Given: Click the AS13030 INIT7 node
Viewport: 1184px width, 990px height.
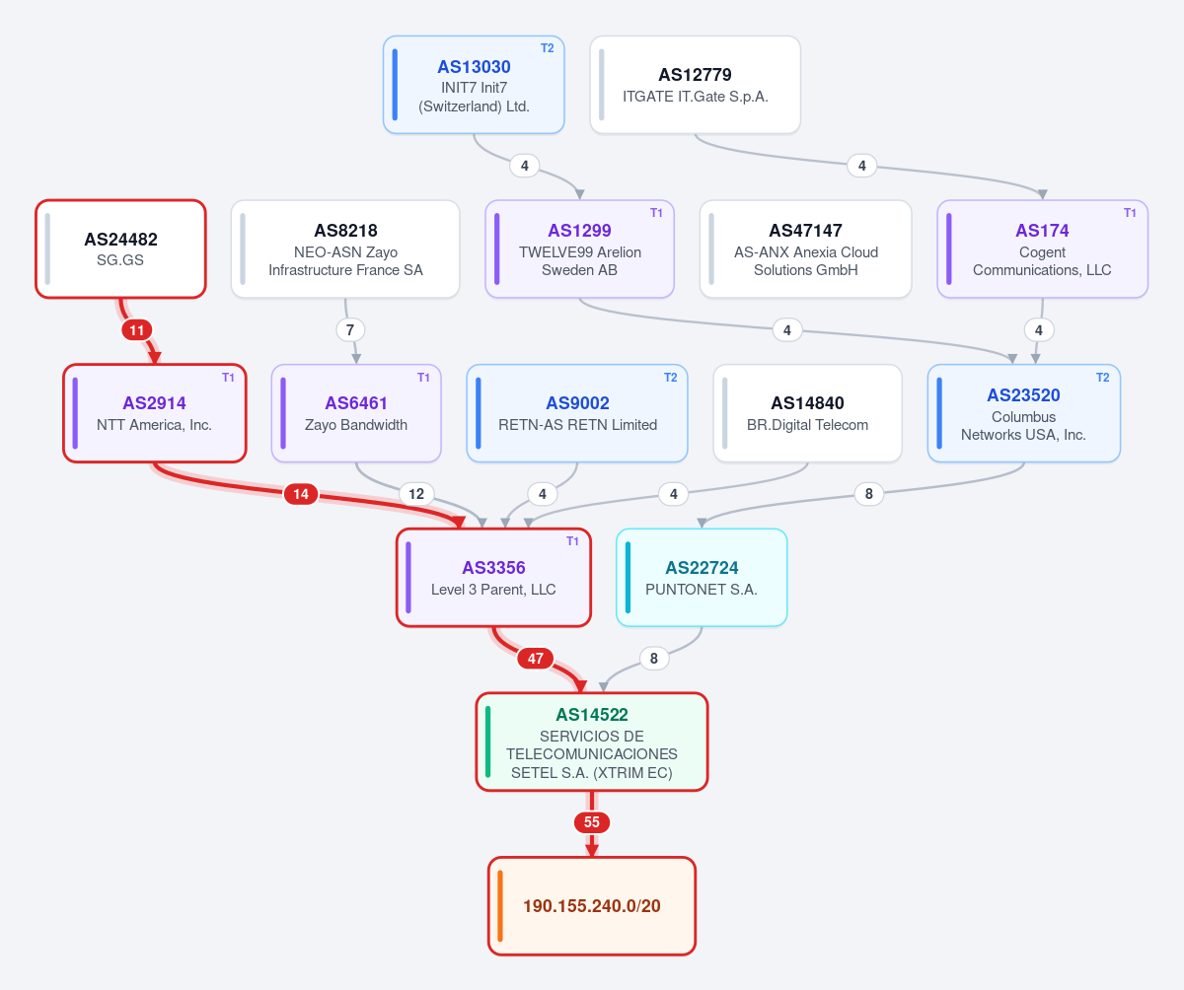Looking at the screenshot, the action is point(474,85).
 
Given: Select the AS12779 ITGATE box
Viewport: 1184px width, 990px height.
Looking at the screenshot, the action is point(696,85).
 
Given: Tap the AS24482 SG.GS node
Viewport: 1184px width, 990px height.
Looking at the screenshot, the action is point(120,248).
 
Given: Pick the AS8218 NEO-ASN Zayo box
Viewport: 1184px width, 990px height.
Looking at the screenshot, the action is point(345,248).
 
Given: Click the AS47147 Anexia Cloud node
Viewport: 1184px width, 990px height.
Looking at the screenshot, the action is point(806,248).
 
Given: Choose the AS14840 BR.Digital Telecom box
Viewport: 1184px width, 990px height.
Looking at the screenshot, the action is point(807,413).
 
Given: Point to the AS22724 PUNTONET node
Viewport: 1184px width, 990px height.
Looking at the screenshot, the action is point(702,578).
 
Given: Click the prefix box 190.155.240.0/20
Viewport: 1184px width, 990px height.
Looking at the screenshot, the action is point(592,906).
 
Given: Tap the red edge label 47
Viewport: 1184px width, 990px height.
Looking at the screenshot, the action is point(536,659).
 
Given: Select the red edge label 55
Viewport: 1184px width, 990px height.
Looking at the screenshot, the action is point(592,822).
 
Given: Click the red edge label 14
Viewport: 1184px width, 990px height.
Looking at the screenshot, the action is point(301,494).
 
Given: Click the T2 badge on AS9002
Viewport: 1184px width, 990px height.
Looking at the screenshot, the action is point(670,378).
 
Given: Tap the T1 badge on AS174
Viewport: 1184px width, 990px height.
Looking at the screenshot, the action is point(1130,213).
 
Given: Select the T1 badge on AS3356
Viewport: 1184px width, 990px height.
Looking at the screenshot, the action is point(572,541).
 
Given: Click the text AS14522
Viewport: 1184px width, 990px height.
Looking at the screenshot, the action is point(592,715).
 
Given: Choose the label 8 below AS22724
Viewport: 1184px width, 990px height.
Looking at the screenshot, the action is point(654,659).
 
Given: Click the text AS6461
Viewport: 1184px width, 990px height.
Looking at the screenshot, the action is point(356,403).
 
